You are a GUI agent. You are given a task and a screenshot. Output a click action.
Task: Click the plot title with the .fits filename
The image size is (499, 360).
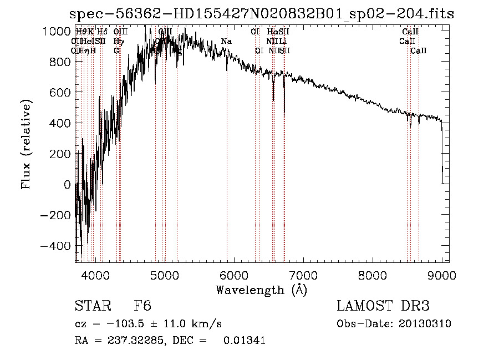tap(261, 14)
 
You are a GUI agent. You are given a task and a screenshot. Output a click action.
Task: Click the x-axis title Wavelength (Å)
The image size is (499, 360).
tap(261, 290)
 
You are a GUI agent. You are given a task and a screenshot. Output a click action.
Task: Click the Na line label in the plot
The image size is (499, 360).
tap(226, 42)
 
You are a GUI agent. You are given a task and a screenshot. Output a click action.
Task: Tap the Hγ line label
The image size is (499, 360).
tap(118, 42)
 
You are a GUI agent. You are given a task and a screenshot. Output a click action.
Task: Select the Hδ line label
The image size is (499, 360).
tap(102, 32)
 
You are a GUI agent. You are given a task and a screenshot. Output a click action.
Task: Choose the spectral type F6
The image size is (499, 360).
tap(142, 306)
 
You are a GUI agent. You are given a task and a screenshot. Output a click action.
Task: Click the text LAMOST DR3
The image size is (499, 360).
tap(383, 306)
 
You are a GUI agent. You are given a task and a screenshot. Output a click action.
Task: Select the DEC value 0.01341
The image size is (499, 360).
tap(244, 341)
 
